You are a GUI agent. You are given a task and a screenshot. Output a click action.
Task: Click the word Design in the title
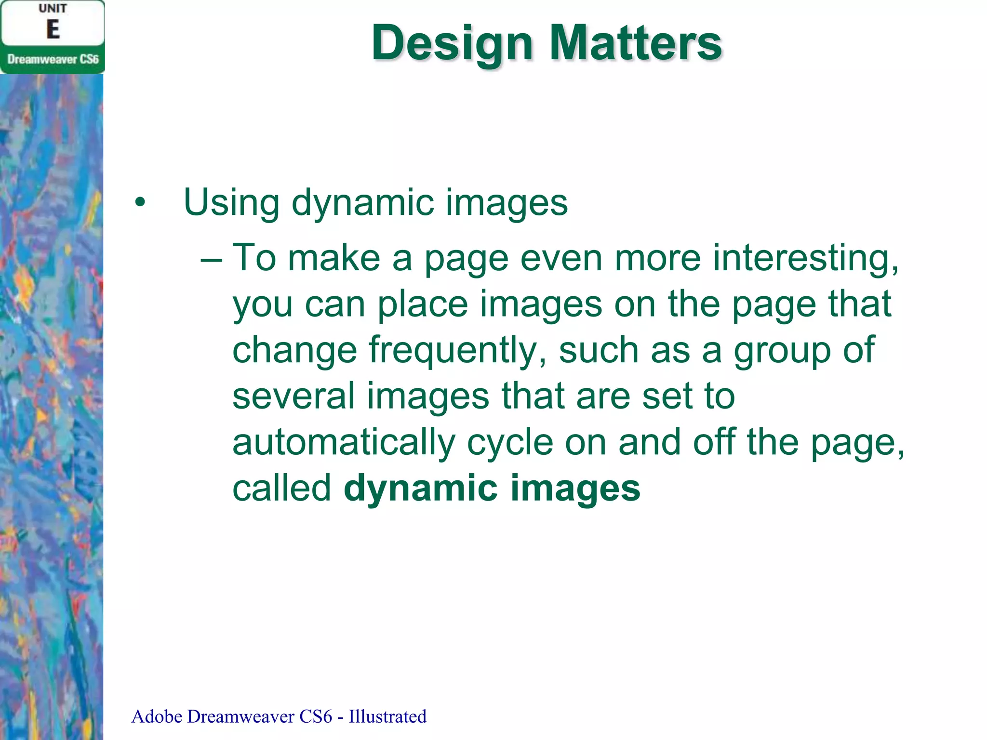point(452,44)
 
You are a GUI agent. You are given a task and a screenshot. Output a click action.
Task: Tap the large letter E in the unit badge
point(53,30)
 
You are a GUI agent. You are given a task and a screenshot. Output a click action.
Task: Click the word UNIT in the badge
point(53,9)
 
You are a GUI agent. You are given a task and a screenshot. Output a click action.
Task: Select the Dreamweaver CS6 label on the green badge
point(53,59)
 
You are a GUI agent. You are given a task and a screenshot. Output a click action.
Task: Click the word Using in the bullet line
point(231,202)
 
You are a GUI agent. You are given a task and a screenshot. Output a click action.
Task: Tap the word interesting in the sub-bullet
point(805,258)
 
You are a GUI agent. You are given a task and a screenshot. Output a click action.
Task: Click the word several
point(293,396)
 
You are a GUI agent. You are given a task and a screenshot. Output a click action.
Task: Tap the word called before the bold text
point(282,488)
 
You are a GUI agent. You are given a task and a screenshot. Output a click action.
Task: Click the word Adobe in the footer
point(157,717)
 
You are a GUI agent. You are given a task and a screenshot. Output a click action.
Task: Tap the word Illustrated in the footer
point(387,717)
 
